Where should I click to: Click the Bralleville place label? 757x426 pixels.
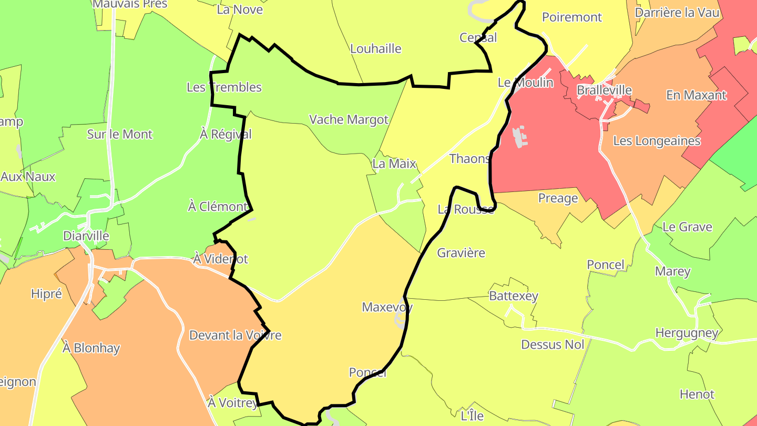604,90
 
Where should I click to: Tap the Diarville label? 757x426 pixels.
86,236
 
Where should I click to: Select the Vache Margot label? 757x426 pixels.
349,119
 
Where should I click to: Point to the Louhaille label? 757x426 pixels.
375,49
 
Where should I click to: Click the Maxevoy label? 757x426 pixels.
387,307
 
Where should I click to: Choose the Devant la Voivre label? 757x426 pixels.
235,335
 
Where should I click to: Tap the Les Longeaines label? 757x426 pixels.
657,141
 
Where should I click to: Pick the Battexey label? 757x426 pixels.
514,296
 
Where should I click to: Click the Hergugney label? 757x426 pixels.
687,333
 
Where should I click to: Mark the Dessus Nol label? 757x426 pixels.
553,344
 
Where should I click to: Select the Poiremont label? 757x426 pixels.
572,17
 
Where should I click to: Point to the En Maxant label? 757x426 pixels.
696,95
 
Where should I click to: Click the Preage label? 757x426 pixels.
558,198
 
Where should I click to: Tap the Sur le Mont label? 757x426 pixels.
120,134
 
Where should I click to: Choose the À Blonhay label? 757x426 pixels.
91,348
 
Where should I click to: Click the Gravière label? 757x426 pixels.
461,253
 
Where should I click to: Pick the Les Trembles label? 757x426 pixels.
224,87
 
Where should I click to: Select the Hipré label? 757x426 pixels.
46,294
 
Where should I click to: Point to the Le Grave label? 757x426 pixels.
687,227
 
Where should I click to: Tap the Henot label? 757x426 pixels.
697,394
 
